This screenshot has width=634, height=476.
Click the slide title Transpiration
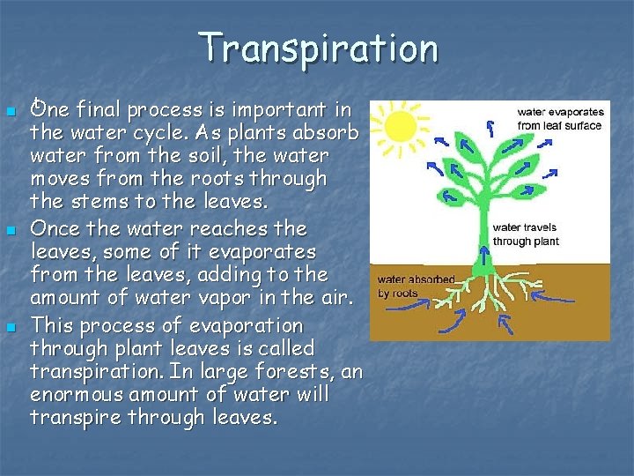coord(318,48)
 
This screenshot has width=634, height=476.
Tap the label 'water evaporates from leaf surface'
coord(559,119)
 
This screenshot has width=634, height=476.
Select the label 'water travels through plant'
coord(525,234)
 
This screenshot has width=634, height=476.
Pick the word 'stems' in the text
coord(98,202)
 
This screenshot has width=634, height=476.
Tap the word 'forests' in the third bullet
coord(282,371)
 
